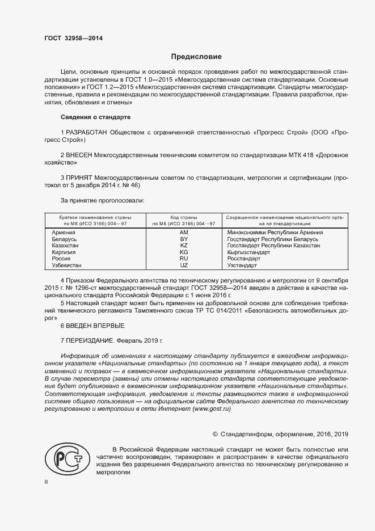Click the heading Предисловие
[x=197, y=57]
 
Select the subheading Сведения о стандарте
[x=95, y=117]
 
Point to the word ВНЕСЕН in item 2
[x=80, y=155]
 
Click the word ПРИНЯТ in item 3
[x=79, y=178]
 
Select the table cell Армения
[x=63, y=233]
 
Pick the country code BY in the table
[x=183, y=239]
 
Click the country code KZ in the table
[x=183, y=246]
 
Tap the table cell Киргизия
[x=64, y=252]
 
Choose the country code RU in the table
[x=183, y=258]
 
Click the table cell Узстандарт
[x=242, y=265]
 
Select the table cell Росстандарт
[x=243, y=258]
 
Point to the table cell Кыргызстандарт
[x=248, y=252]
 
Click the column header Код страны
[x=183, y=217]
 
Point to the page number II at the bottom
[x=47, y=482]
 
